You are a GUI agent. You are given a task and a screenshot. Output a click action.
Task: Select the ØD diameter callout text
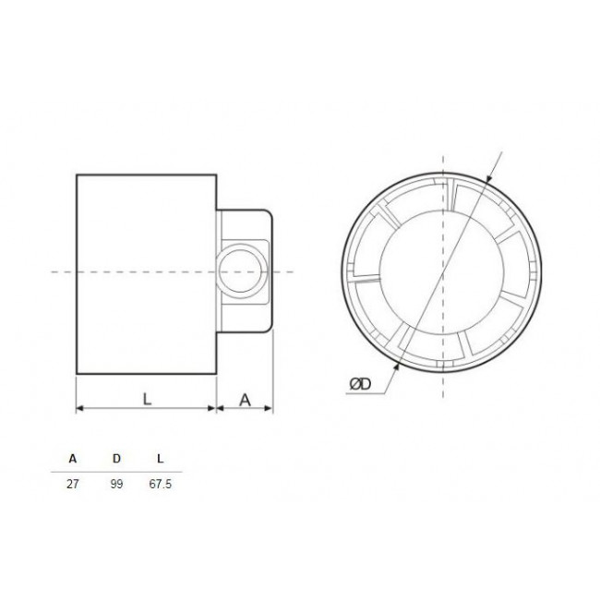pyautogui.click(x=362, y=385)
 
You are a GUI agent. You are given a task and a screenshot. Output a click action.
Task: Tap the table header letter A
pyautogui.click(x=72, y=458)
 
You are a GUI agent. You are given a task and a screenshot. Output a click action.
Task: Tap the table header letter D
pyautogui.click(x=115, y=458)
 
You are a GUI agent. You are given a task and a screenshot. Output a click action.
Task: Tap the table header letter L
pyautogui.click(x=161, y=458)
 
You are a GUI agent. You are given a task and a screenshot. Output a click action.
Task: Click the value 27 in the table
pyautogui.click(x=72, y=484)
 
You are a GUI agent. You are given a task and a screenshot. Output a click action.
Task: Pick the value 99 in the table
pyautogui.click(x=115, y=484)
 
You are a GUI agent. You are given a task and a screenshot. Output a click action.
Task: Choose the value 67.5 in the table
pyautogui.click(x=161, y=484)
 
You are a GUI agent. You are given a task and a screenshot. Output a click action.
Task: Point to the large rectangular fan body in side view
pyautogui.click(x=145, y=273)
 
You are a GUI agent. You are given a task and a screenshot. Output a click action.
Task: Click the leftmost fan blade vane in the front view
pyautogui.click(x=366, y=263)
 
